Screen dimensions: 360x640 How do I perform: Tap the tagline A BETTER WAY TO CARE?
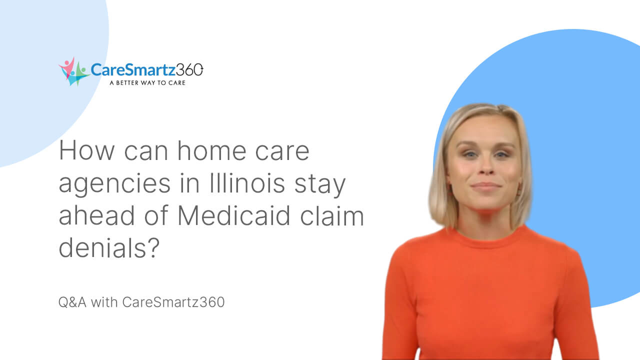[147, 83]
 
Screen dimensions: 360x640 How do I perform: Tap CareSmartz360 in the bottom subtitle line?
[173, 302]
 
